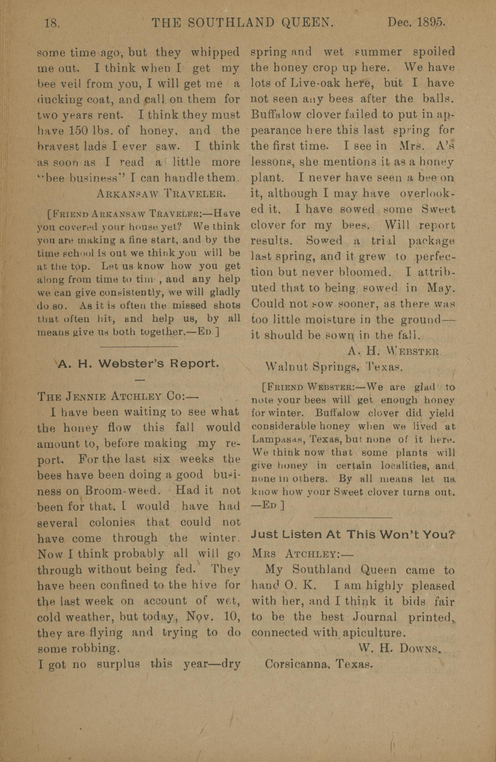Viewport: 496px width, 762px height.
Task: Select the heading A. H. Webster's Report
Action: coord(139,364)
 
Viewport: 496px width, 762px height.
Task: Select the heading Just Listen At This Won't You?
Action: coord(353,535)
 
